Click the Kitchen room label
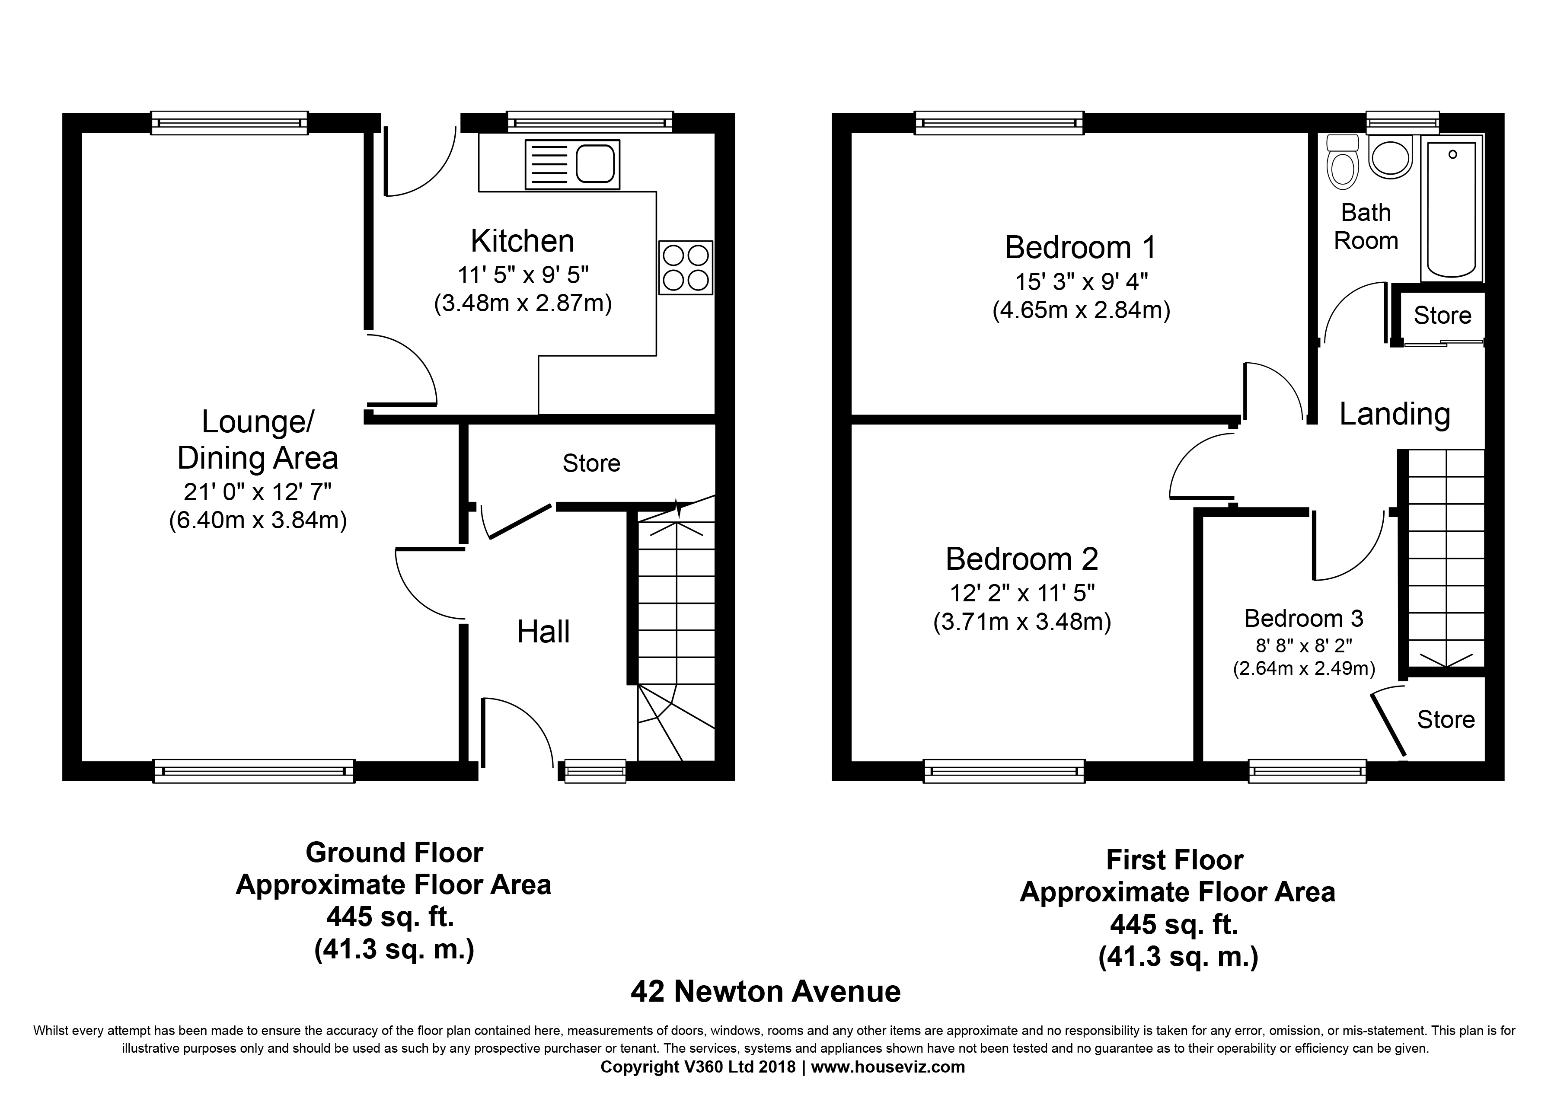522,241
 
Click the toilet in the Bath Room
1343,162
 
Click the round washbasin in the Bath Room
1390,157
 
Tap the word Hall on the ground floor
543,632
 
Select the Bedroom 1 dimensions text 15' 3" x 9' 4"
1081,281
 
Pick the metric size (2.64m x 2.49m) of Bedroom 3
1304,668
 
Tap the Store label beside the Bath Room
1442,316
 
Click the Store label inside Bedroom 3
1446,719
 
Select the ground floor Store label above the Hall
591,463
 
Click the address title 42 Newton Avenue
765,992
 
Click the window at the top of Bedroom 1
999,123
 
